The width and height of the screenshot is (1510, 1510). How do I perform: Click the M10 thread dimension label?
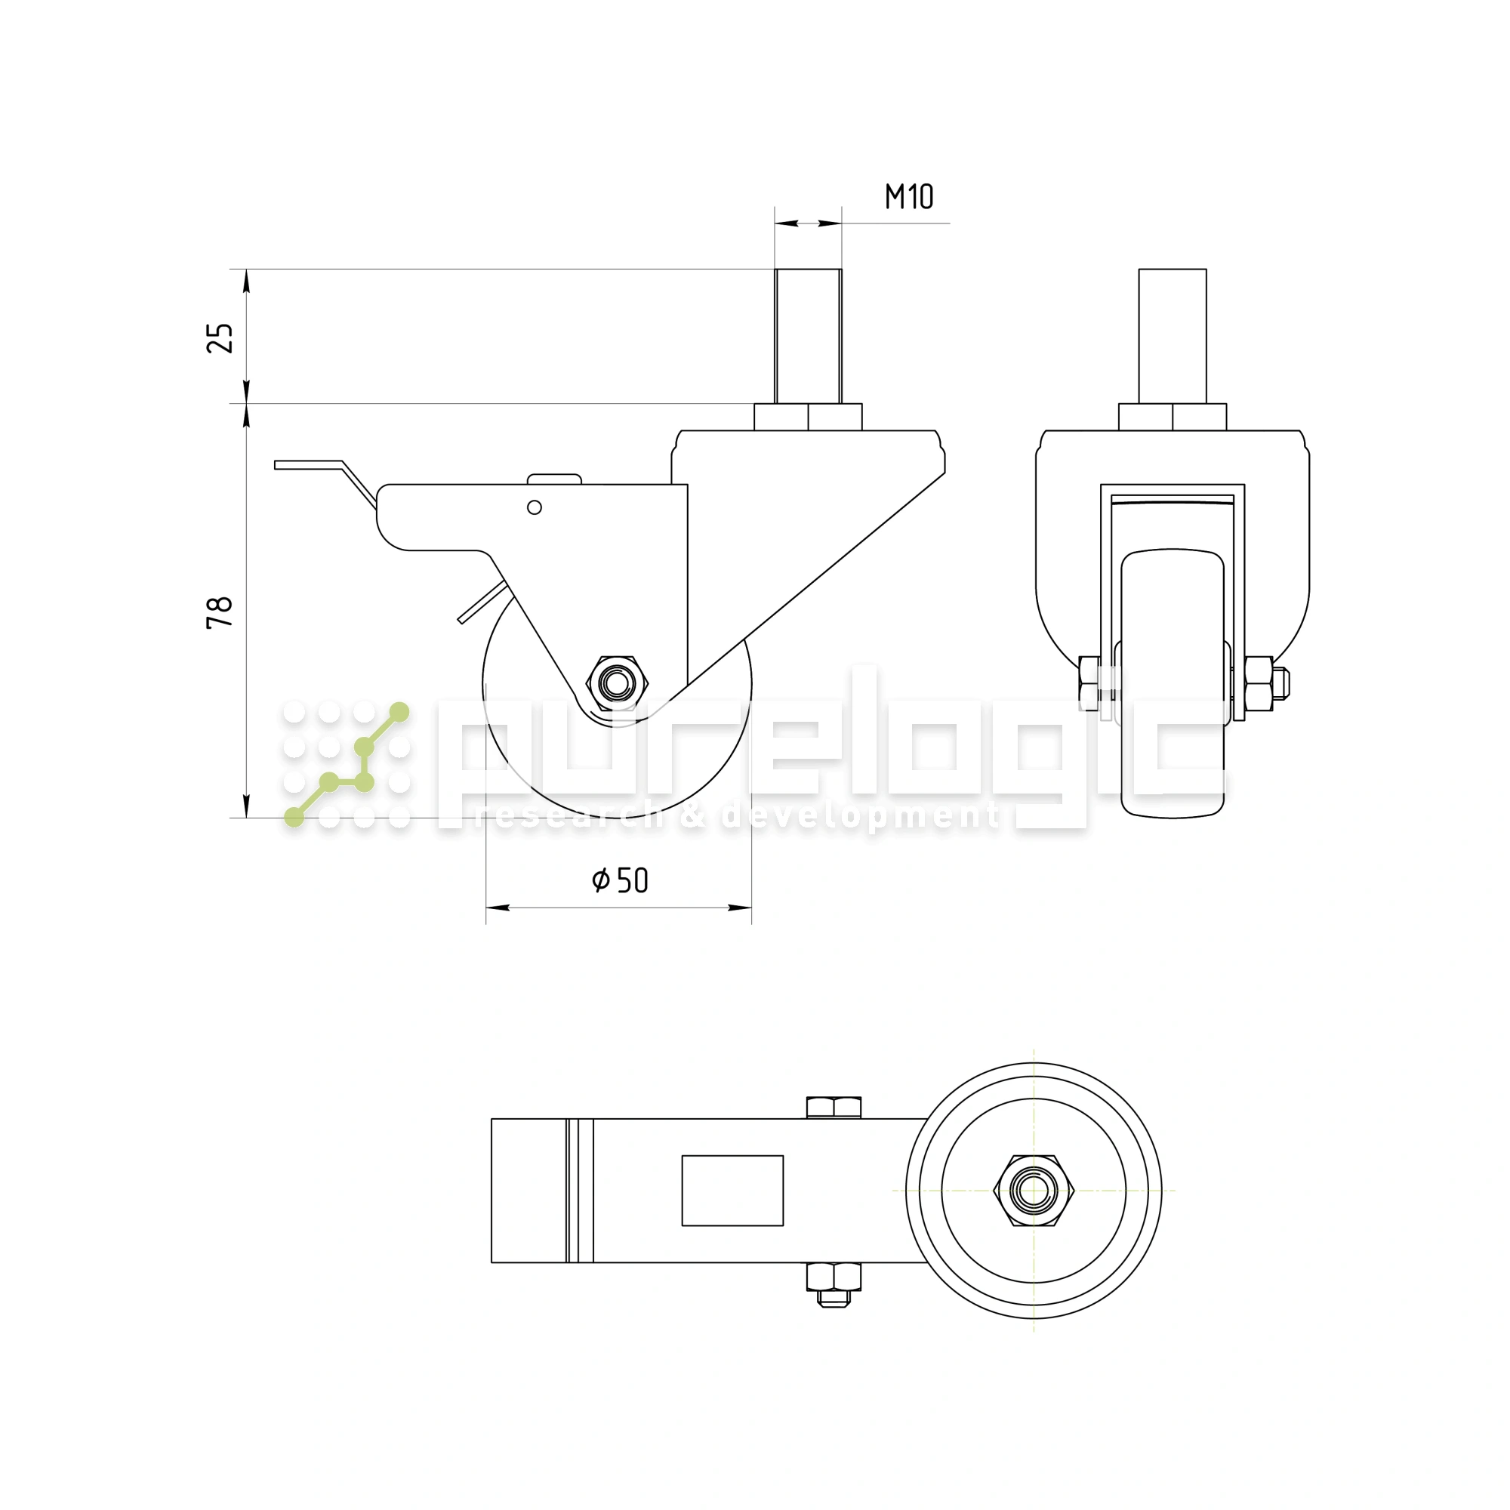[x=908, y=197]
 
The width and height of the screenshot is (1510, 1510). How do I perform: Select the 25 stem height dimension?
[x=220, y=337]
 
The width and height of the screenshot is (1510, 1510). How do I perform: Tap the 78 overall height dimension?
[x=220, y=612]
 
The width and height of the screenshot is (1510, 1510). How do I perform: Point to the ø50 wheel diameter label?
[x=621, y=881]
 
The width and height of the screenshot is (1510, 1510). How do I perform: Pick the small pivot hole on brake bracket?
[x=535, y=508]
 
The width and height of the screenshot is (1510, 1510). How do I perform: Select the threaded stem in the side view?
[x=808, y=336]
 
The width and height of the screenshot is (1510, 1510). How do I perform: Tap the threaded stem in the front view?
[x=1173, y=336]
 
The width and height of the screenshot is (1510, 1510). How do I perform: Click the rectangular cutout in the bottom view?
[x=732, y=1191]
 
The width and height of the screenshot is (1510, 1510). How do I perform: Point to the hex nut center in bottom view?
[x=1034, y=1191]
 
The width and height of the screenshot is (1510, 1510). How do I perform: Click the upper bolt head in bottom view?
[x=834, y=1108]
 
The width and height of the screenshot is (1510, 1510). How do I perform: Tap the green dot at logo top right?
[x=399, y=712]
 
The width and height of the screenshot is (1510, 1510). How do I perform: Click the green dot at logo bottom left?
[x=294, y=818]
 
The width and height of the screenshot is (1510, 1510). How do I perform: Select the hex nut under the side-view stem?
[x=808, y=418]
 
